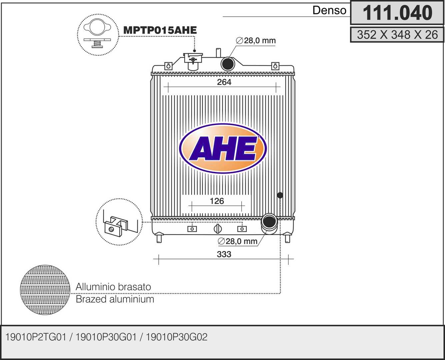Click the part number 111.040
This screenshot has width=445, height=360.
(398, 13)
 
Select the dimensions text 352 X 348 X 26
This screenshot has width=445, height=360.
(397, 35)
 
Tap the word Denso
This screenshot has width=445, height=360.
(329, 10)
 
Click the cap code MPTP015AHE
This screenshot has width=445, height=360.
(160, 30)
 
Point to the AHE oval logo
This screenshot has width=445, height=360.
(223, 148)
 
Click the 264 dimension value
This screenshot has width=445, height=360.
(224, 82)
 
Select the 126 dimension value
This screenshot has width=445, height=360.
(217, 201)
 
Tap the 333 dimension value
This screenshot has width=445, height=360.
(224, 254)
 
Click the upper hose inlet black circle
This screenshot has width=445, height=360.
(228, 64)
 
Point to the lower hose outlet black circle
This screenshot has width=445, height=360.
(269, 222)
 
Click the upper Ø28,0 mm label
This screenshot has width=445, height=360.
(256, 41)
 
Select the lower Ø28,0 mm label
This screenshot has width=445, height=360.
(237, 241)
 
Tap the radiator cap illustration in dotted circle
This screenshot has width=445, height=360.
(98, 35)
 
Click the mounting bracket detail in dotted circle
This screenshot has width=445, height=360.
(119, 222)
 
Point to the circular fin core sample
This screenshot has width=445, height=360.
(45, 290)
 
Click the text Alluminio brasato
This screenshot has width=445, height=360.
(113, 287)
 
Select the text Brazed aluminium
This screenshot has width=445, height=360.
(115, 299)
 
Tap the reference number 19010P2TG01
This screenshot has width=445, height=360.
(36, 337)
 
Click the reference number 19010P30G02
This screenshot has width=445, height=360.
(177, 337)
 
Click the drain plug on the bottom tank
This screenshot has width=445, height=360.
(217, 229)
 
